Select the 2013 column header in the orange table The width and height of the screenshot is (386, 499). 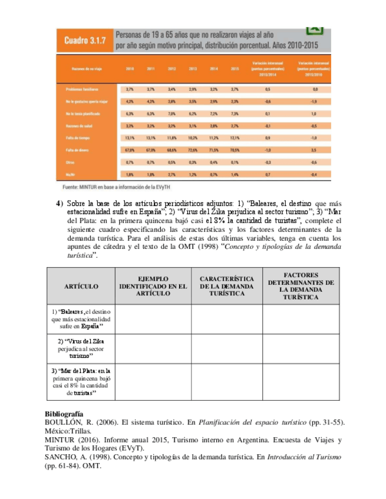click(x=193, y=69)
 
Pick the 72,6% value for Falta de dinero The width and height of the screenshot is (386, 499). click(x=193, y=150)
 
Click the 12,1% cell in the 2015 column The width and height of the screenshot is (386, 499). click(x=235, y=138)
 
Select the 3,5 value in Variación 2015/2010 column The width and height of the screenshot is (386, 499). click(x=314, y=150)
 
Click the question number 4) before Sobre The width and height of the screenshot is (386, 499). click(x=60, y=204)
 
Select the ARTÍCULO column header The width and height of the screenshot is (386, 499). click(x=81, y=285)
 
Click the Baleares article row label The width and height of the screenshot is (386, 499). click(x=81, y=318)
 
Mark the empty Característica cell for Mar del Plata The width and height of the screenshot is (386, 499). click(x=227, y=383)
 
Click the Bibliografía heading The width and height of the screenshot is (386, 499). click(x=64, y=414)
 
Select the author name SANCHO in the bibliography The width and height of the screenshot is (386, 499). click(x=61, y=457)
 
